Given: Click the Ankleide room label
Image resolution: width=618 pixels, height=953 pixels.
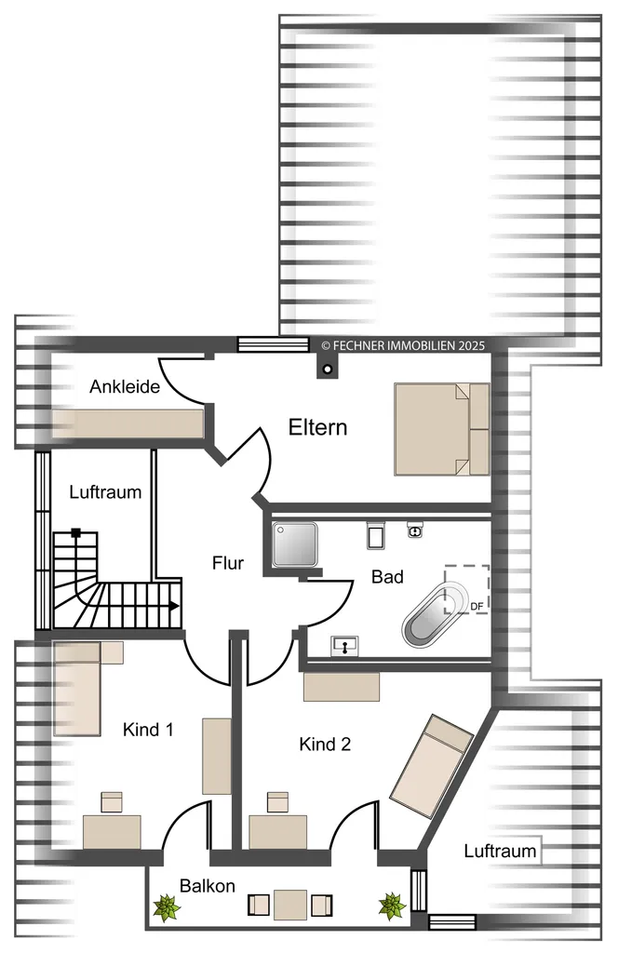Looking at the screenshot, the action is coord(125,386).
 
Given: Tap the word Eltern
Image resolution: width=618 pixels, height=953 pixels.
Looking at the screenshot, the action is coord(317,427).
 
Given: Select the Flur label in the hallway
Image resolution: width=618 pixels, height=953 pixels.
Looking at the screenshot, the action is coord(228,563).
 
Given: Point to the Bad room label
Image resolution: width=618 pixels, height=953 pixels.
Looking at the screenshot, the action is coord(387,576).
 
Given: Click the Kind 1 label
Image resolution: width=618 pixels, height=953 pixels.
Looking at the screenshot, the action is coord(148,729).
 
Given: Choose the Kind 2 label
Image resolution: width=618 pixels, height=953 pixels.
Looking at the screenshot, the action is coord(325,744).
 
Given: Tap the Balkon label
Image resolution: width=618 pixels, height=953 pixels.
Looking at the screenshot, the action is coord(208,886).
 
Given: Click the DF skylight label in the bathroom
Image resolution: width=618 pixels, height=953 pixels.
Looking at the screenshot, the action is coord(477,606).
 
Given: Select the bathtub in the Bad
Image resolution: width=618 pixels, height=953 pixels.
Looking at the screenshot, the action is coord(435,615).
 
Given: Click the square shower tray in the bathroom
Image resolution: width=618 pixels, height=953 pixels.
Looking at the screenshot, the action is coord(295,544).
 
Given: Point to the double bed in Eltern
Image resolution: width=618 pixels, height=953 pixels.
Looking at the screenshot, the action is coord(442,428).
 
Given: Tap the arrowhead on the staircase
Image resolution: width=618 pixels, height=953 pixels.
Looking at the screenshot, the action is coord(175,605).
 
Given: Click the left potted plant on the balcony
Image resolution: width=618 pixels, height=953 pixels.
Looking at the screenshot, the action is coord(166,906).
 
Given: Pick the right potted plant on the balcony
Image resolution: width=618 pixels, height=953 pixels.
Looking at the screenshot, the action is coord(392,906).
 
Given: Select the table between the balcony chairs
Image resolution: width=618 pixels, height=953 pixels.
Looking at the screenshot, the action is coord(290,905).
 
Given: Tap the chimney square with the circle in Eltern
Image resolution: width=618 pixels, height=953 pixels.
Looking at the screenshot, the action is coord(328,369).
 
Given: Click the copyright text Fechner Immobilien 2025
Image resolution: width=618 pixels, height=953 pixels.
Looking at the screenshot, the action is coord(403,345).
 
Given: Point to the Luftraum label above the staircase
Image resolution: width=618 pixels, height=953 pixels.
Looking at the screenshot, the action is coord(105,491).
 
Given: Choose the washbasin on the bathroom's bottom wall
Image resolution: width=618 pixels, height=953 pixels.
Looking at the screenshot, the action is coord(344,646).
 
